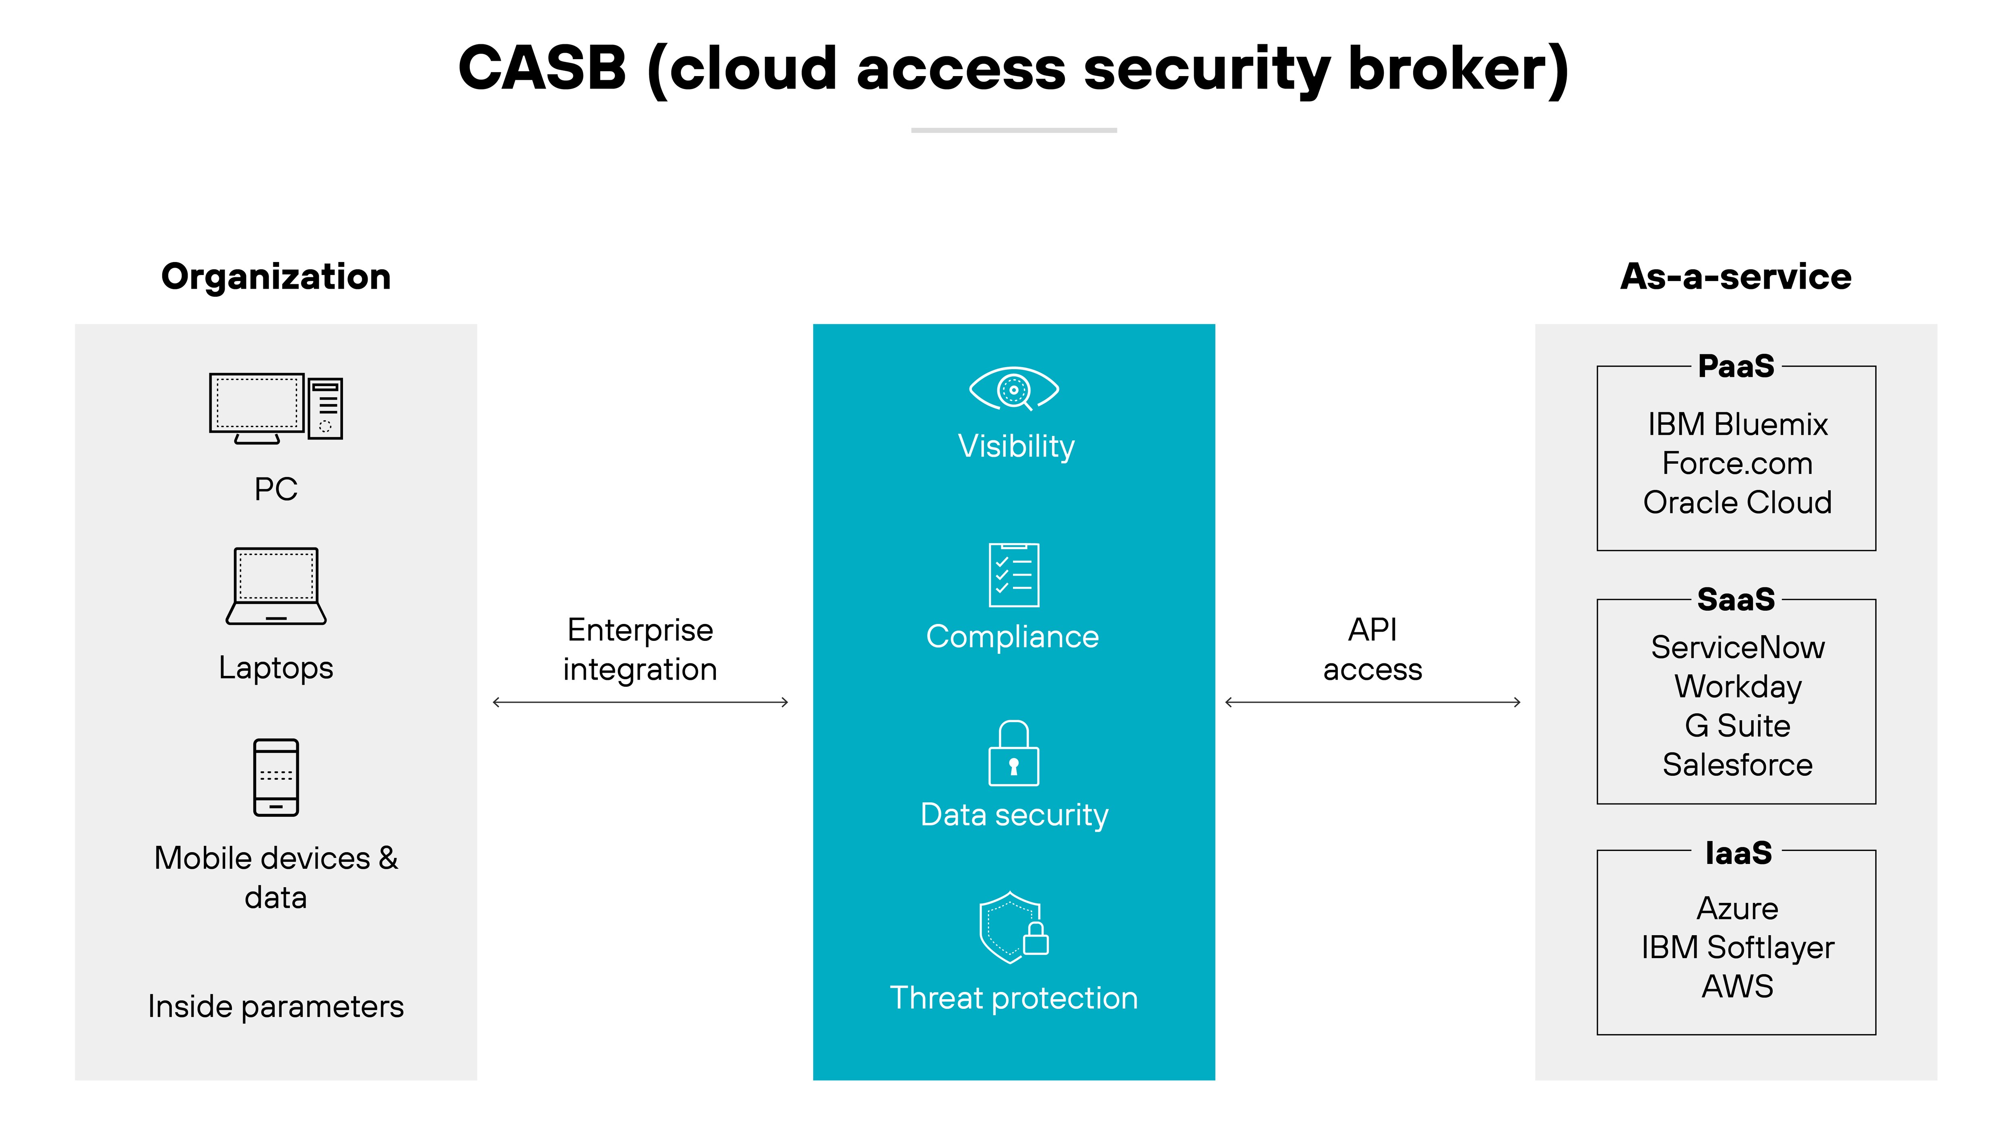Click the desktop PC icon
[276, 408]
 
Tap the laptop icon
[276, 586]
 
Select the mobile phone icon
[276, 777]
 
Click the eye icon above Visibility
[1013, 388]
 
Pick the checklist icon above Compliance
[1013, 575]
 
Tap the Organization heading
[276, 277]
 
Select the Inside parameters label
[276, 1006]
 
